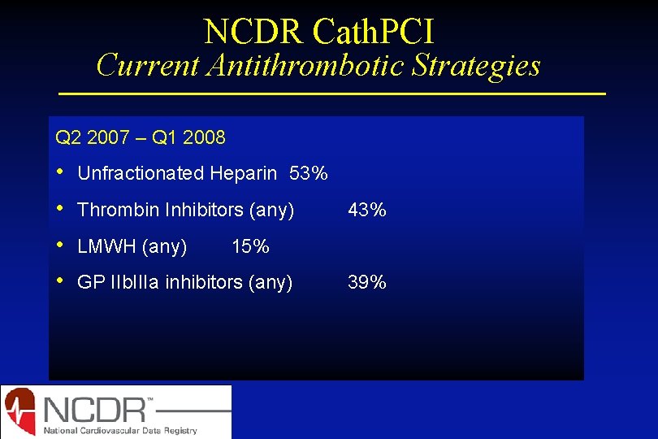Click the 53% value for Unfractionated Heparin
309,173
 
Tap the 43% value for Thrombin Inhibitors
367,210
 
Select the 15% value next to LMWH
250,246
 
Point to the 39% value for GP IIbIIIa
367,282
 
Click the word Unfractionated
141,173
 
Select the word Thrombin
119,210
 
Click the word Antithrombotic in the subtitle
310,65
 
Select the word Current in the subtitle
148,65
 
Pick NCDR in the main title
254,32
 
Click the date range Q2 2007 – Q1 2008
141,137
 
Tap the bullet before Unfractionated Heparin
60,173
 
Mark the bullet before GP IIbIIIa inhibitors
60,282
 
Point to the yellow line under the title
332,94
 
